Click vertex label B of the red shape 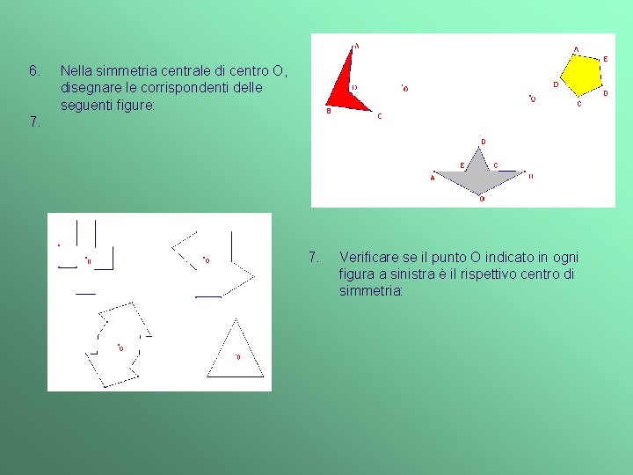coord(329,112)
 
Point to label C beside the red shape coord(379,117)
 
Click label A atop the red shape coord(356,46)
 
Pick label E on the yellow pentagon coord(605,59)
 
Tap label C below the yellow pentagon coord(578,105)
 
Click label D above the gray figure coord(483,142)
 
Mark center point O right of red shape coord(404,88)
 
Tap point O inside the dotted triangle coord(236,356)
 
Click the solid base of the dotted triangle coord(235,375)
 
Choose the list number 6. coord(33,69)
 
